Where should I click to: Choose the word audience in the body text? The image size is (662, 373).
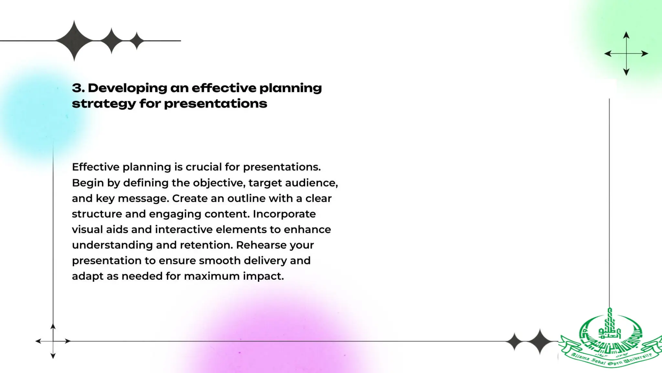(311, 183)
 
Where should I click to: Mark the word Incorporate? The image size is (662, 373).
(284, 214)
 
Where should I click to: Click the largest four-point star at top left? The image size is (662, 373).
(74, 41)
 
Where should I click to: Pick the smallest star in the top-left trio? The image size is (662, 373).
(137, 41)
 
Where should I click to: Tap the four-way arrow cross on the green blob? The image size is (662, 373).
(626, 53)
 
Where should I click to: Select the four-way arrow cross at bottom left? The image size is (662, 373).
(53, 341)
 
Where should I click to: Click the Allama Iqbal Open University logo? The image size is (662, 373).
(610, 340)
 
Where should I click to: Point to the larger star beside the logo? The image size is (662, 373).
(539, 342)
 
